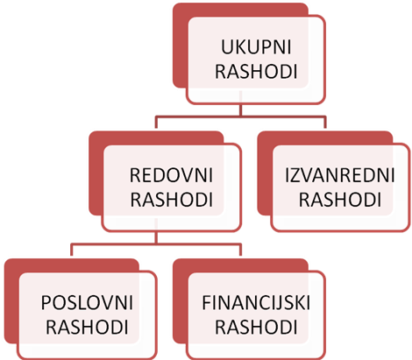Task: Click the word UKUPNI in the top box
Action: tap(256, 47)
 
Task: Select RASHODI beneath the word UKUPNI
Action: tap(256, 72)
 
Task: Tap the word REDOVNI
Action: tap(171, 175)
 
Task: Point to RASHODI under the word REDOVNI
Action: tap(171, 200)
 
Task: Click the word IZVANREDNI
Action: tap(340, 175)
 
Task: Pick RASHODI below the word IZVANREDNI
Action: tap(340, 200)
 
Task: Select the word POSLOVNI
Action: tap(87, 303)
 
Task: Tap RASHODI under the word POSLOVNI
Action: tap(87, 328)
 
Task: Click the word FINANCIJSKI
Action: tap(256, 303)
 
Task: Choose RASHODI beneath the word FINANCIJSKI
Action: tap(256, 328)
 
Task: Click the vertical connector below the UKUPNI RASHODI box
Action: tap(241, 110)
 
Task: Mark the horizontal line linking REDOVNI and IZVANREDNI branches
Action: tap(241, 116)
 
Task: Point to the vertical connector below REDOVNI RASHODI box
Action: tap(157, 237)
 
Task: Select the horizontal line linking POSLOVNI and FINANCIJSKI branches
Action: tap(156, 244)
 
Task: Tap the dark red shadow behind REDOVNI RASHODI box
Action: tap(96, 173)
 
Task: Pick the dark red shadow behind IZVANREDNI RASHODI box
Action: tap(265, 173)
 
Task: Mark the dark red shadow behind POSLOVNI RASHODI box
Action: tap(11, 300)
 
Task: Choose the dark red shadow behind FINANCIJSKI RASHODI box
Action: tap(180, 300)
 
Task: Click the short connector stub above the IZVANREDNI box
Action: tap(325, 123)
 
